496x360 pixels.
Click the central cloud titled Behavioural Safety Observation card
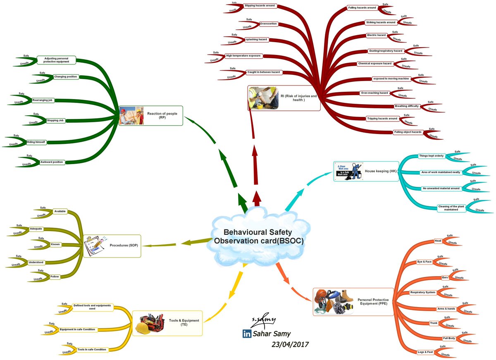[258, 237]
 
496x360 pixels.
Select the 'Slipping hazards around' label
[260, 6]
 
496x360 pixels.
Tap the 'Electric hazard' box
[377, 36]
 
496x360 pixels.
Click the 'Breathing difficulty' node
[407, 106]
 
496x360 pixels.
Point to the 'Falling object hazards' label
[408, 132]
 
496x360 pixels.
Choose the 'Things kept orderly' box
[431, 156]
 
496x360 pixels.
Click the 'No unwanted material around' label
[441, 188]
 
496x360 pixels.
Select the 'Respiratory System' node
[422, 292]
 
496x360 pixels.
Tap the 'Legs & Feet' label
[425, 352]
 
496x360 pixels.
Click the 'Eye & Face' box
[425, 262]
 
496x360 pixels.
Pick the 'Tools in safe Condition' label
[92, 349]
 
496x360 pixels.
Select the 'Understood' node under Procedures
[36, 262]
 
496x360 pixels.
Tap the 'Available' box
[60, 212]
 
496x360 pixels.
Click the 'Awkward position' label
[52, 162]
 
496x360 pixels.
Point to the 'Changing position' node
[65, 76]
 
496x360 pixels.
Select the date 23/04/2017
[290, 344]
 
